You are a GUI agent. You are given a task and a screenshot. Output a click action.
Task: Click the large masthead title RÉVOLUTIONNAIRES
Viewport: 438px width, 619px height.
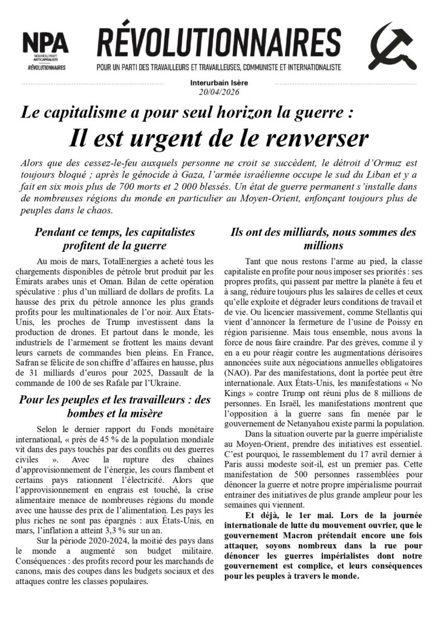(218, 43)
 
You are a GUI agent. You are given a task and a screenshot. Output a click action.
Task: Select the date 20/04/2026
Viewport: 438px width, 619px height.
(218, 92)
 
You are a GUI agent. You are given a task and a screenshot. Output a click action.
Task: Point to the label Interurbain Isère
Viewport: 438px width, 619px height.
(218, 83)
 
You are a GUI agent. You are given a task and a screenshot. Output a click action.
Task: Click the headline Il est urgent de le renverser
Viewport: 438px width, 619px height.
(218, 138)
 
